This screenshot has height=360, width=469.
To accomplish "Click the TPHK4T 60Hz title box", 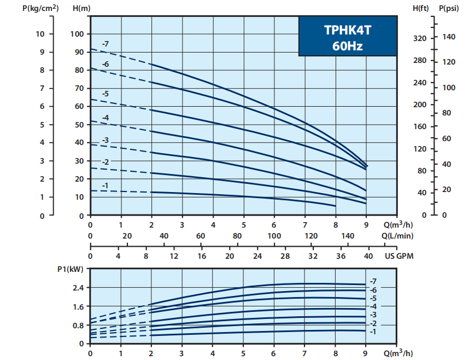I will point(347,37).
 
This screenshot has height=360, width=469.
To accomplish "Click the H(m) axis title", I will point(81,9).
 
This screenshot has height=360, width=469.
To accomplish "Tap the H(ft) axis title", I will point(421,9).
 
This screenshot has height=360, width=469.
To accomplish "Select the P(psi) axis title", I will point(449,9).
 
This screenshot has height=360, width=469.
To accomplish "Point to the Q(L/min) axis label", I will point(397,236).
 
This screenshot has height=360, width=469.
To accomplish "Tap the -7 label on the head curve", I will point(105,44).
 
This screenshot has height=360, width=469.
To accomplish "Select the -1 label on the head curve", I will point(105,186).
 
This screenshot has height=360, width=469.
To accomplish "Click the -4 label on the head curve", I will point(105,118).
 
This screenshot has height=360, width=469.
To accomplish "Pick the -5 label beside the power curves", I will point(373,298).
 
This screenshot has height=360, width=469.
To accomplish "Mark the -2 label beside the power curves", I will point(373,323).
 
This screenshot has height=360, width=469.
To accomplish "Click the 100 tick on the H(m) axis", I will point(78,34).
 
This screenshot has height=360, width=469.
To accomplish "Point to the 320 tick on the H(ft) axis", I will point(419,38).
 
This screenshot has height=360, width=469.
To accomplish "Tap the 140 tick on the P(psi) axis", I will point(449,37).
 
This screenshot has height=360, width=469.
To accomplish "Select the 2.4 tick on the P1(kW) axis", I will point(78,288).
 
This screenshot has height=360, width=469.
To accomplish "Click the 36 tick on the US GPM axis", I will point(340,256).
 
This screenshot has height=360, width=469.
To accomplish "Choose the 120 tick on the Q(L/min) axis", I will point(311,236).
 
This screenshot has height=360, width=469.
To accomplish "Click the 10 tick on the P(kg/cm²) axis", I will point(40,34).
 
